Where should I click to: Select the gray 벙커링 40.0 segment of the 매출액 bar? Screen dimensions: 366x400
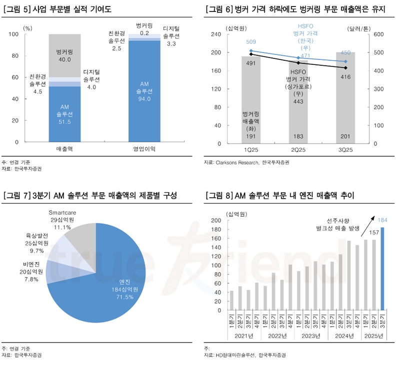click(64, 55)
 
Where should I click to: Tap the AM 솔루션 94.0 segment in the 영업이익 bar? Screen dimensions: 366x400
click(144, 92)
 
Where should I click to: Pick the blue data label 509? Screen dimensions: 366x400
click(251, 42)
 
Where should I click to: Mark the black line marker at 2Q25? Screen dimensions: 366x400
click(298, 63)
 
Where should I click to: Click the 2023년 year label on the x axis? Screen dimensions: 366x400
click(310, 336)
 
